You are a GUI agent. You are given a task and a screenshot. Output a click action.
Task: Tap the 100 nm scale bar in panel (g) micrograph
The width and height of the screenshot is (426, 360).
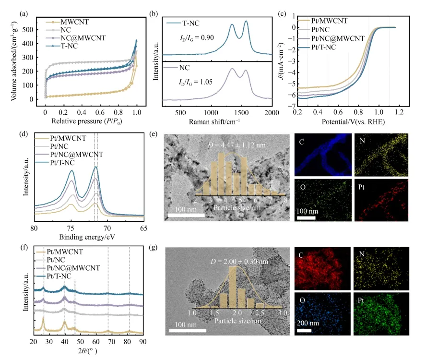pyautogui.click(x=188, y=330)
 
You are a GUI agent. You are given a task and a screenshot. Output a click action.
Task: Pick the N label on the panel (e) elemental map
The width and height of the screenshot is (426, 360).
pyautogui.click(x=360, y=139)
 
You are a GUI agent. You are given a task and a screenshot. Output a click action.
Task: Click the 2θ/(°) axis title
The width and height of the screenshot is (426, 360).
pyautogui.click(x=89, y=351)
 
